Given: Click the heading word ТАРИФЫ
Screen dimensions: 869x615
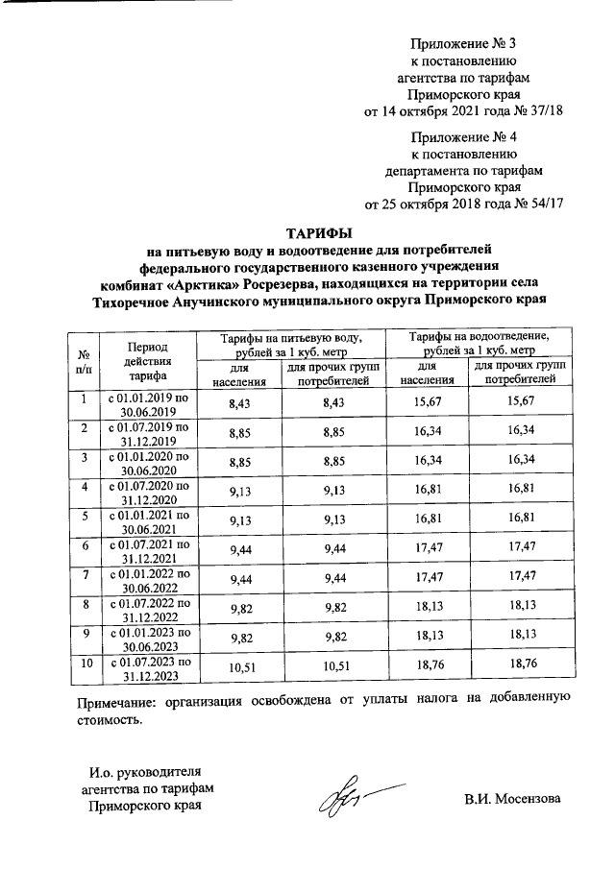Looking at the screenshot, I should tap(318, 233).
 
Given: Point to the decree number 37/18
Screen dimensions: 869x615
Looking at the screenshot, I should tap(544, 112).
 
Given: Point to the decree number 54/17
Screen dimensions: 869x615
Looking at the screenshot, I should tap(544, 204).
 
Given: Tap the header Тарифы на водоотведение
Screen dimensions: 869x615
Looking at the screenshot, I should tap(479, 344).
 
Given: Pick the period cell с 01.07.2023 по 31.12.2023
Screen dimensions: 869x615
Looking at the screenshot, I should tap(147, 668).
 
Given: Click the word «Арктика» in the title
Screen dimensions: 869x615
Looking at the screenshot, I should tap(202, 285).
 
